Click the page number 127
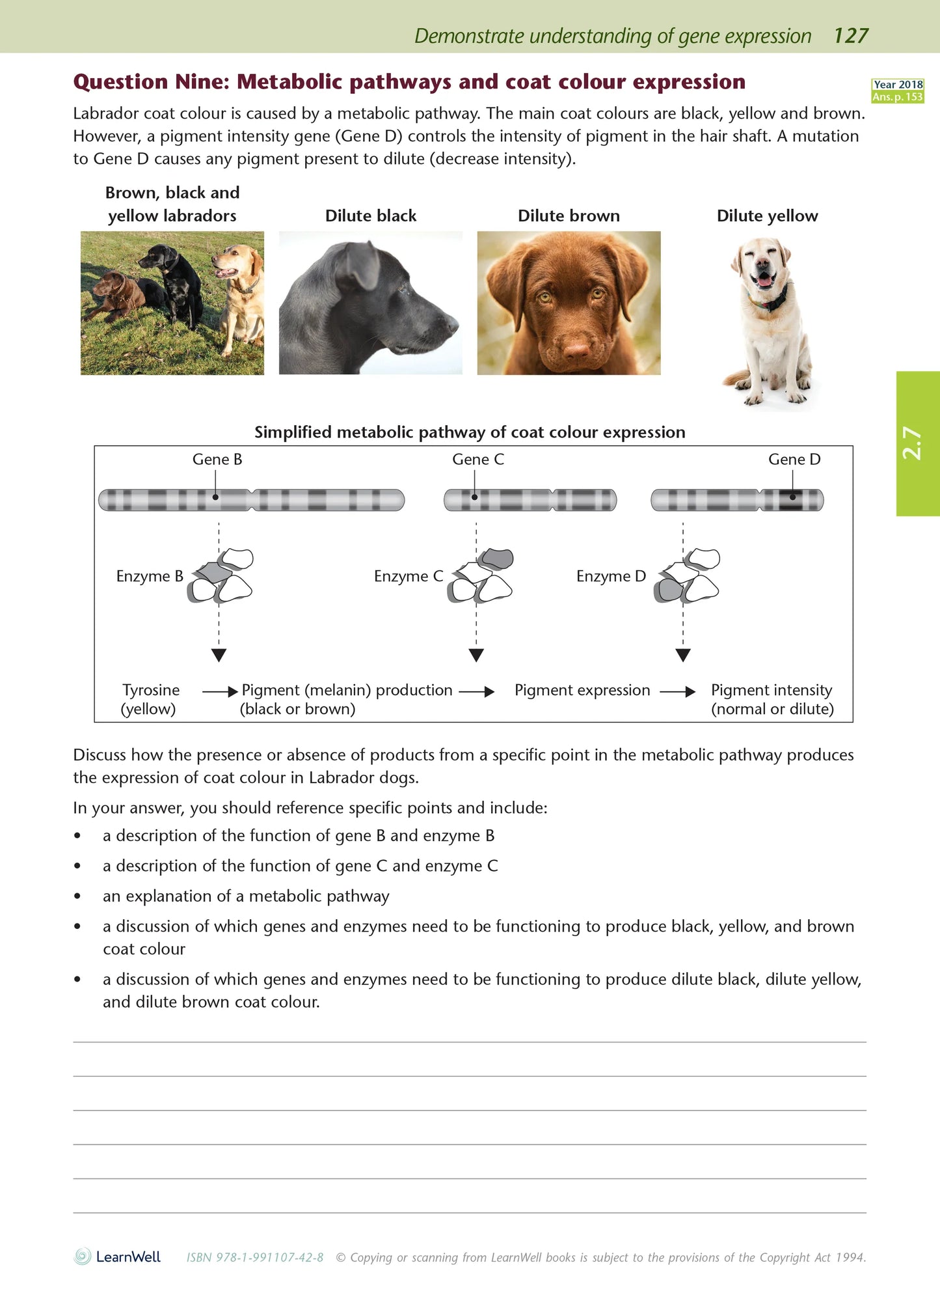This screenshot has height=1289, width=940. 851,36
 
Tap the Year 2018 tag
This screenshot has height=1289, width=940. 898,85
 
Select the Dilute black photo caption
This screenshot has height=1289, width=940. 371,216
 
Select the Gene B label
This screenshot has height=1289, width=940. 217,460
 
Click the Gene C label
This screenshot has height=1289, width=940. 478,460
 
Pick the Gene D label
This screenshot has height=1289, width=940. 794,460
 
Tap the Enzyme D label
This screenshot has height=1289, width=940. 611,576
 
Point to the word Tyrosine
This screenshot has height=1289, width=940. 151,690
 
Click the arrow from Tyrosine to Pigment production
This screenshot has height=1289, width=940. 220,691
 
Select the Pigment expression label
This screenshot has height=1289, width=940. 582,690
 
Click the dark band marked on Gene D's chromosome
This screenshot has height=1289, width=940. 792,499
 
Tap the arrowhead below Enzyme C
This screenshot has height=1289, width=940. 476,655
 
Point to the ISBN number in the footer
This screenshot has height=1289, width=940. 255,1258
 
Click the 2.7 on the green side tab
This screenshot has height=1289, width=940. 912,443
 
